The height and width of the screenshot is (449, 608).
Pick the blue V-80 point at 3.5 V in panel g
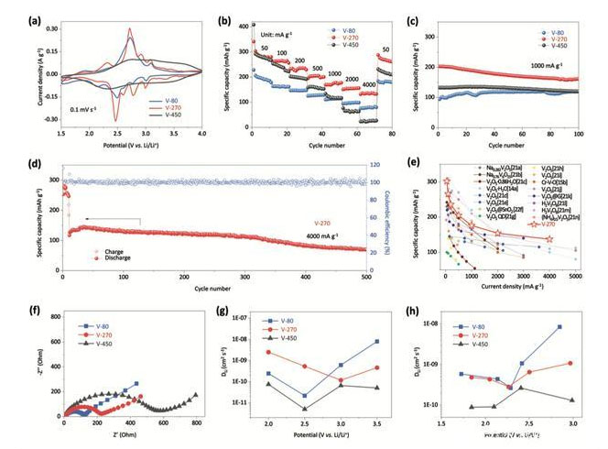coord(376,342)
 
